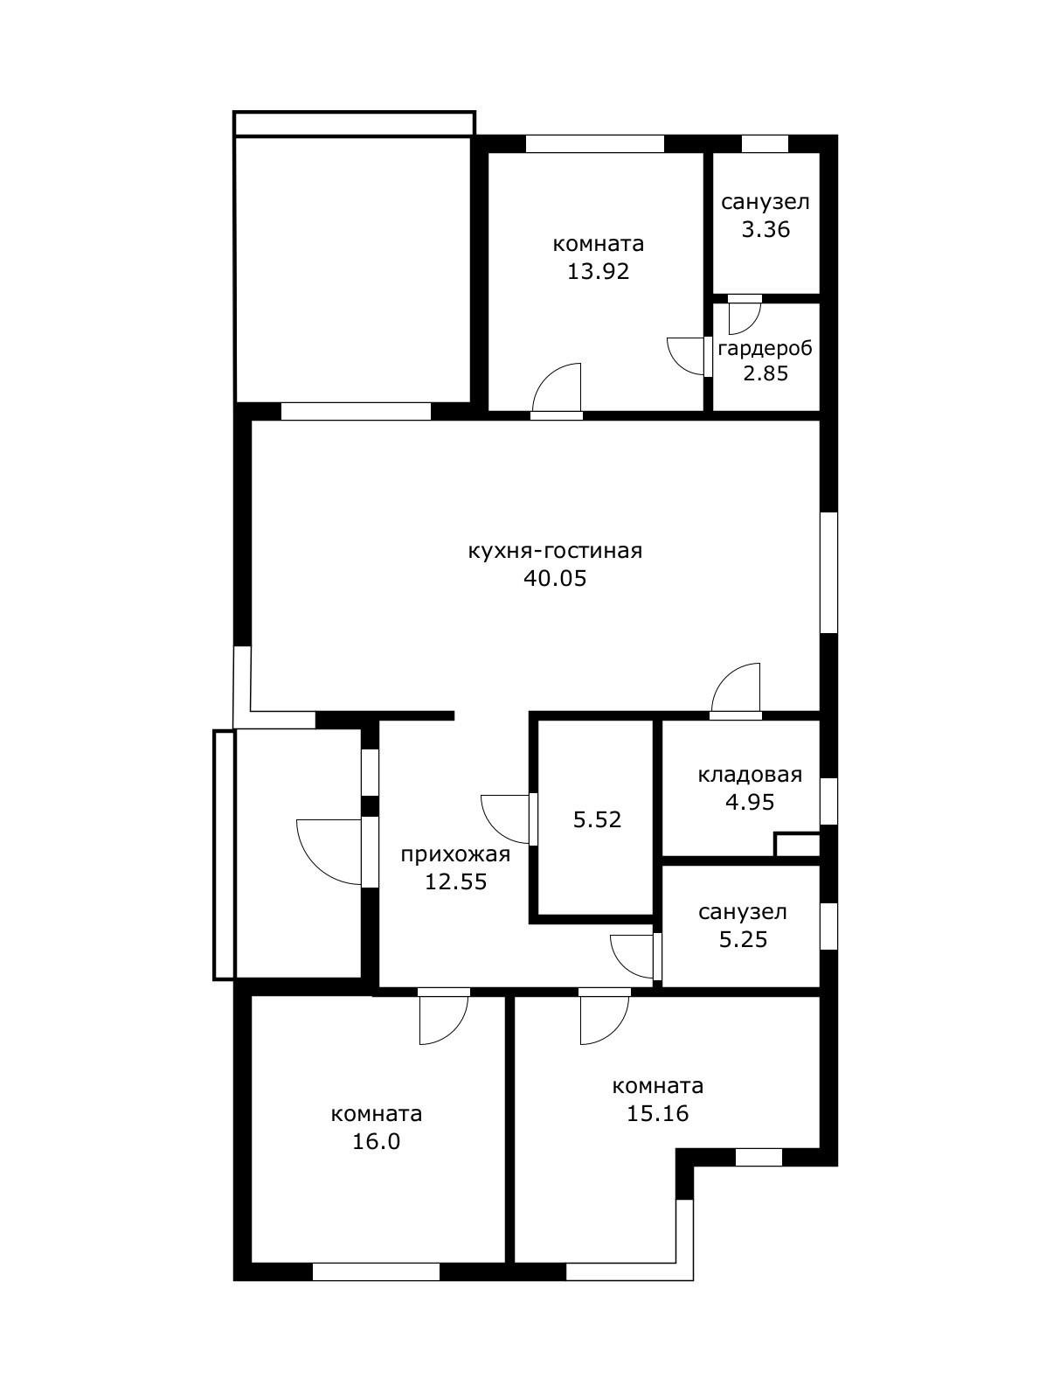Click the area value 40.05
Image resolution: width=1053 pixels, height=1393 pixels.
pyautogui.click(x=555, y=578)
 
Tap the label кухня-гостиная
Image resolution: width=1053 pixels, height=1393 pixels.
pyautogui.click(x=555, y=550)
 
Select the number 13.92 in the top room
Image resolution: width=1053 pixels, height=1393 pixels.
pyautogui.click(x=598, y=272)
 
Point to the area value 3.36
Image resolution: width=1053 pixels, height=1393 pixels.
pyautogui.click(x=766, y=230)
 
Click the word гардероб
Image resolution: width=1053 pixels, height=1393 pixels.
pyautogui.click(x=766, y=348)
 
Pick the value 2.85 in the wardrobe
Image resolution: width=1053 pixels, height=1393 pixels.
pyautogui.click(x=766, y=373)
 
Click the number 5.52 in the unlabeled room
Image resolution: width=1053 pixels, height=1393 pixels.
pyautogui.click(x=597, y=820)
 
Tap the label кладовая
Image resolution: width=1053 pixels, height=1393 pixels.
pyautogui.click(x=750, y=775)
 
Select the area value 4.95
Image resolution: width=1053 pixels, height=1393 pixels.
pyautogui.click(x=750, y=803)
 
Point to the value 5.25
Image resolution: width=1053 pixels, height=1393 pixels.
pyautogui.click(x=743, y=940)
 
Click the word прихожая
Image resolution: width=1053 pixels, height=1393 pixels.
pyautogui.click(x=455, y=855)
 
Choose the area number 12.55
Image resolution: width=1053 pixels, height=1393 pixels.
pyautogui.click(x=456, y=883)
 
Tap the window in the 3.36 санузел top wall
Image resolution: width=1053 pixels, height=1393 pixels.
pyautogui.click(x=765, y=143)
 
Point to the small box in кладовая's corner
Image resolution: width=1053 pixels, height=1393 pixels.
pyautogui.click(x=797, y=845)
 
